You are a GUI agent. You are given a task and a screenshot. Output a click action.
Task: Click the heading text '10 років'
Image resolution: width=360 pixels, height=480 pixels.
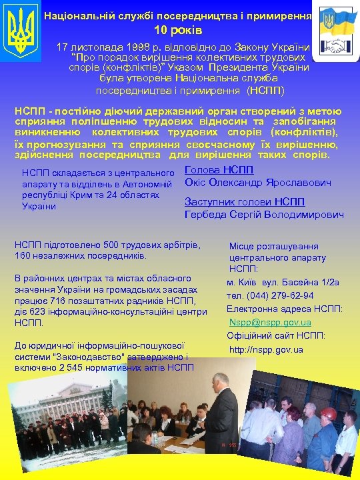[x=178, y=30]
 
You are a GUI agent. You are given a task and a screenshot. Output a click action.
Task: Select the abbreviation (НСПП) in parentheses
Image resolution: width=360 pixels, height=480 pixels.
[x=265, y=91]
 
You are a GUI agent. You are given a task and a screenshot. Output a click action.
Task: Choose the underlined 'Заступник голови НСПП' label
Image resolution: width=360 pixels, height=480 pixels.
[x=244, y=202]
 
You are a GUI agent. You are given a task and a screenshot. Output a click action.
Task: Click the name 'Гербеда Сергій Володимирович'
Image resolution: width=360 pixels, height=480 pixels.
[x=264, y=215]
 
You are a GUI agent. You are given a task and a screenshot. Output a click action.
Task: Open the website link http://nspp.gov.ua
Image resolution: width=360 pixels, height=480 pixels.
[x=266, y=349]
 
